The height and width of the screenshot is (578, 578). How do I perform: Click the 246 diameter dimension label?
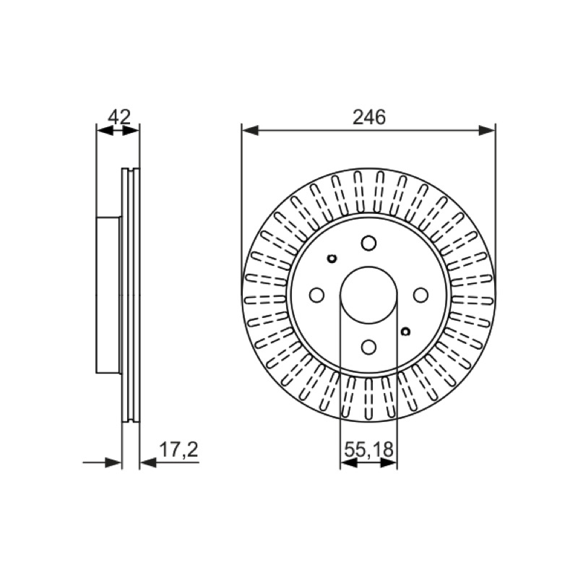coord(369,117)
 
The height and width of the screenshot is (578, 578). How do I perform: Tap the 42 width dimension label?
coord(119,117)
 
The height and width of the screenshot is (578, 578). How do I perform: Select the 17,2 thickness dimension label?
coord(178,449)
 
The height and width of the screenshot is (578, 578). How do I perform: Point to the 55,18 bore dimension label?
coord(369,449)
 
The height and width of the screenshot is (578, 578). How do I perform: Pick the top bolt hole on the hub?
coord(368,243)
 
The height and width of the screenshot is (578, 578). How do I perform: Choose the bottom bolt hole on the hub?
coord(368,347)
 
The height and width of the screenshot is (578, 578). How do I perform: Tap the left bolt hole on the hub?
coord(316,295)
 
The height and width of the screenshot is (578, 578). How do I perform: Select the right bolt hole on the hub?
coord(420,295)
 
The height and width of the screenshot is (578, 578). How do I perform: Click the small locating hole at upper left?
coord(332,259)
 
